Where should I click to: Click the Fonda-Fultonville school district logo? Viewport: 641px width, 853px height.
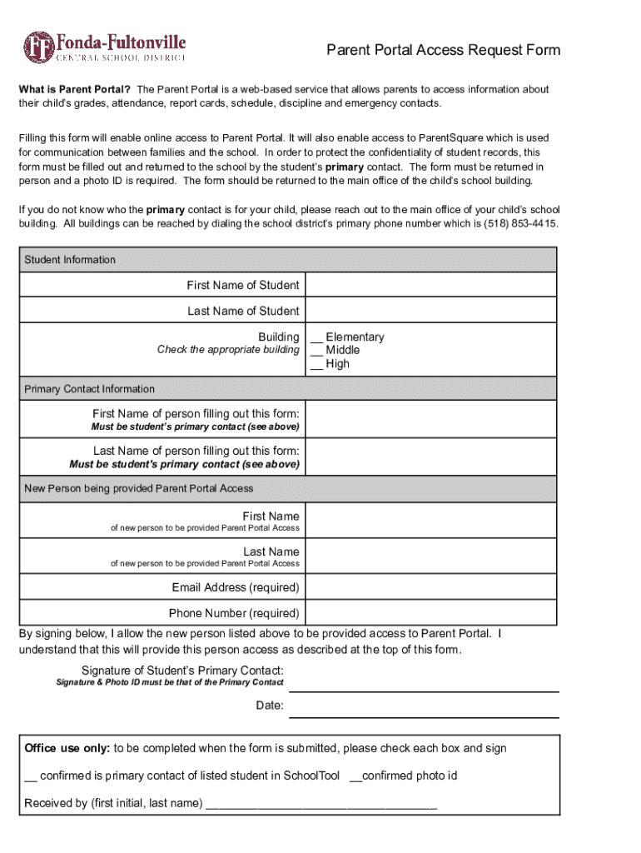coord(104,47)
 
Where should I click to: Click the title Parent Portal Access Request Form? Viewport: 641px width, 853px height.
coord(442,51)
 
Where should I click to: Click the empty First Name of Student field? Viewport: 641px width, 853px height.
coord(430,285)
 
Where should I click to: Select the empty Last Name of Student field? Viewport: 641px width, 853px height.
coord(430,311)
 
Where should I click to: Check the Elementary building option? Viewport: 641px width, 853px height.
coord(317,337)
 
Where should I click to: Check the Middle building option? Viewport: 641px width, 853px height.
coord(317,351)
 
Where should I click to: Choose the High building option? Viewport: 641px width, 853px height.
coord(317,364)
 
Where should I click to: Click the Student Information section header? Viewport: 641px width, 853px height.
coord(70,260)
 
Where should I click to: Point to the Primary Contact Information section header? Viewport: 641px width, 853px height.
coord(89,389)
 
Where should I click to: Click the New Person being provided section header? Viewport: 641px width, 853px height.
coord(138,488)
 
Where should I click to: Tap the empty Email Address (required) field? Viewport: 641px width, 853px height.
coord(430,587)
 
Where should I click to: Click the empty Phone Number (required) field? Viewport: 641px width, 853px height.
coord(430,613)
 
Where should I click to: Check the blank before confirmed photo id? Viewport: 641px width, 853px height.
coord(355,776)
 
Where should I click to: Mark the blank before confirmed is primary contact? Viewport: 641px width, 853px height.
coord(31,776)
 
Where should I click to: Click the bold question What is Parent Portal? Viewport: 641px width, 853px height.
coord(75,89)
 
